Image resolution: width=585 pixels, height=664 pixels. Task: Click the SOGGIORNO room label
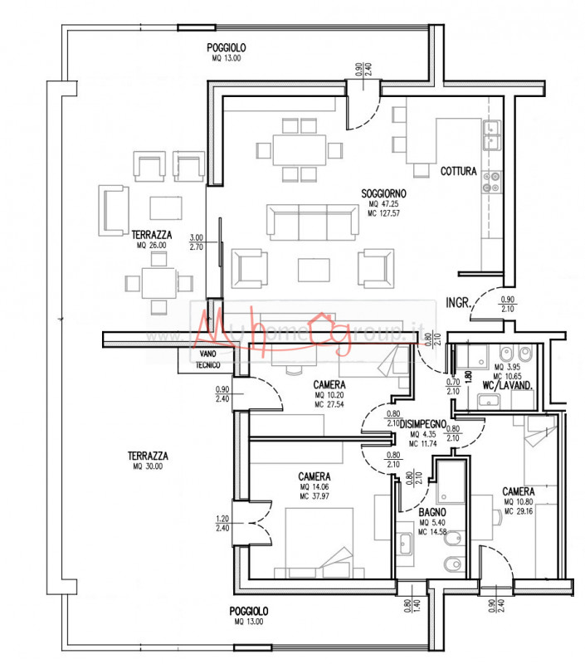(x=383, y=193)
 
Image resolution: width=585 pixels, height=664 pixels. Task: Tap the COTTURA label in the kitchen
(x=458, y=172)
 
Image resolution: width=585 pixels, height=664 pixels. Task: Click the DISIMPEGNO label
(x=429, y=423)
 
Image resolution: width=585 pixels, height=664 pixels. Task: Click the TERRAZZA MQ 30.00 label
(x=149, y=456)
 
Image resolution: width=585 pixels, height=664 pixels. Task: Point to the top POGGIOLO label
(x=227, y=48)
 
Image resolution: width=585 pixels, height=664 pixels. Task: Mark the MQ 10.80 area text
(x=519, y=502)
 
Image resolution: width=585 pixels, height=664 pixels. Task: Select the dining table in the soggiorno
(x=300, y=150)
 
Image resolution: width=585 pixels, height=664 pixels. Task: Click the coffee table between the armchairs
(x=317, y=268)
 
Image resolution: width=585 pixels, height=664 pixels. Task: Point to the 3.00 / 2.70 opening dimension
(x=196, y=242)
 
